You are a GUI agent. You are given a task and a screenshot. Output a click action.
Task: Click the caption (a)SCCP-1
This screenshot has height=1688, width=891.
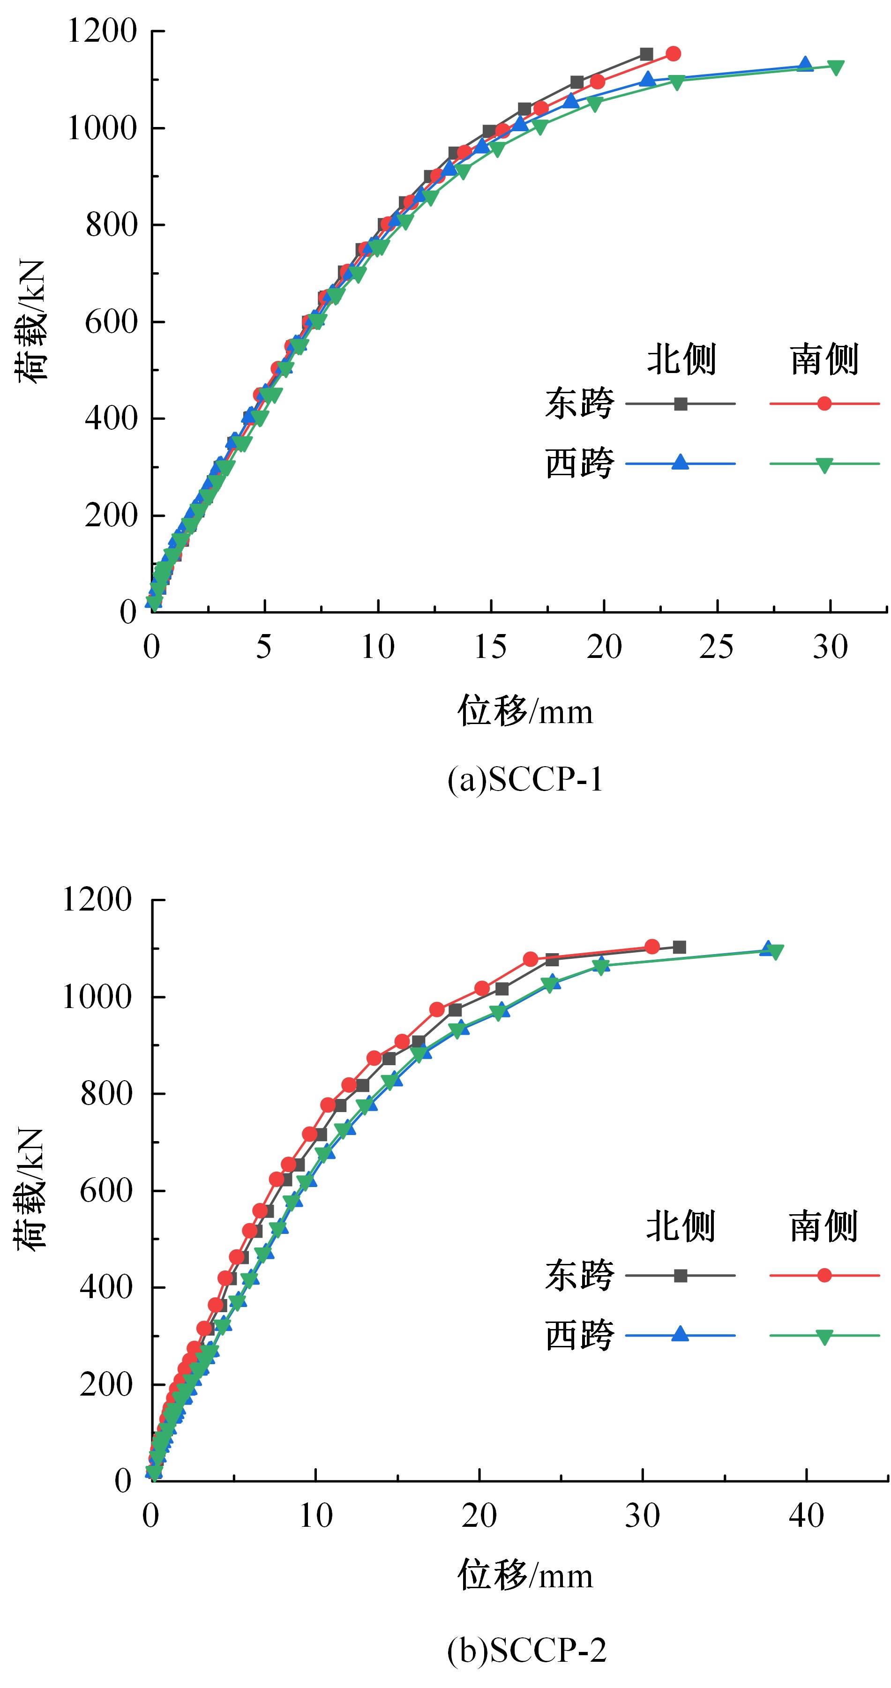pyautogui.click(x=525, y=779)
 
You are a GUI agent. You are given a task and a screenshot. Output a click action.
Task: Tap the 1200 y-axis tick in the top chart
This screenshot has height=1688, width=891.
pyautogui.click(x=102, y=31)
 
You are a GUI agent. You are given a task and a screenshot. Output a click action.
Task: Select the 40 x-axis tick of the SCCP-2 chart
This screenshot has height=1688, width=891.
pyautogui.click(x=806, y=1516)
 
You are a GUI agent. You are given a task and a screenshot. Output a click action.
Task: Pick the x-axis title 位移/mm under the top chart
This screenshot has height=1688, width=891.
pyautogui.click(x=525, y=711)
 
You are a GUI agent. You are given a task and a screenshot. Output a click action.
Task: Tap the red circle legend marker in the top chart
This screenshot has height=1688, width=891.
pyautogui.click(x=824, y=403)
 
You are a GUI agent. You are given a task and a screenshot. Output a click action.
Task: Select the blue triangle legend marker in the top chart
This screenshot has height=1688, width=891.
pyautogui.click(x=681, y=463)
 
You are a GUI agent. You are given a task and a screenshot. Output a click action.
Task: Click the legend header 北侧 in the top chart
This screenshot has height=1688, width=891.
pyautogui.click(x=681, y=359)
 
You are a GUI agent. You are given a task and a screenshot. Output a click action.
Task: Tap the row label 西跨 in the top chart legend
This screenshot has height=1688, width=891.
pyautogui.click(x=579, y=463)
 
